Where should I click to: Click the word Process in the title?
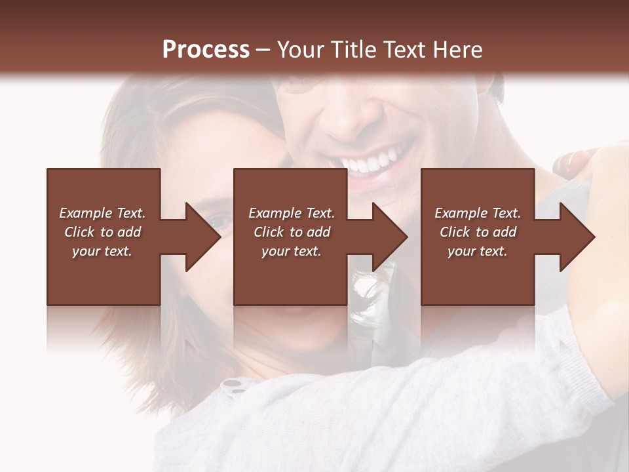pyautogui.click(x=206, y=50)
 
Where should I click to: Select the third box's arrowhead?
pyautogui.click(x=576, y=237)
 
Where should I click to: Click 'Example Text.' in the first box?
pyautogui.click(x=102, y=213)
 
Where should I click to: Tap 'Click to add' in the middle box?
pyautogui.click(x=292, y=232)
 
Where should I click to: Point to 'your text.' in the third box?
pyautogui.click(x=478, y=251)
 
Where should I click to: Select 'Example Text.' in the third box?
pyautogui.click(x=478, y=213)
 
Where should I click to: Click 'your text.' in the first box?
pyautogui.click(x=102, y=251)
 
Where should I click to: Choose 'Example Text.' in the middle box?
pyautogui.click(x=292, y=213)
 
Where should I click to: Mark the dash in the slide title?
pyautogui.click(x=263, y=50)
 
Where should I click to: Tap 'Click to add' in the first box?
pyautogui.click(x=102, y=232)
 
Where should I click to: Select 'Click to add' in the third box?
pyautogui.click(x=478, y=232)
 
